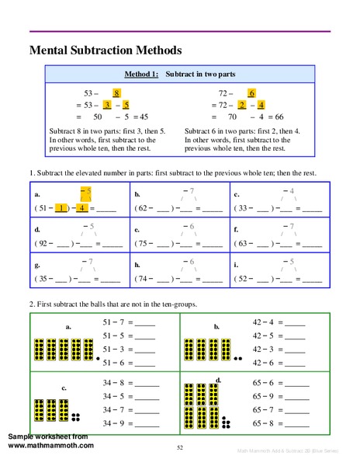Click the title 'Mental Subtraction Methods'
[106, 50]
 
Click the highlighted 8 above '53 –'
[116, 92]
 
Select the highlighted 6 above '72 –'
[251, 92]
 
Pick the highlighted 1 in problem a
[61, 208]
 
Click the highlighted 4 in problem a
[81, 208]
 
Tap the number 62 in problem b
[144, 208]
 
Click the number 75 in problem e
[144, 243]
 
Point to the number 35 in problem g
[46, 278]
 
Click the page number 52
[179, 447]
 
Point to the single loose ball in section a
[97, 360]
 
